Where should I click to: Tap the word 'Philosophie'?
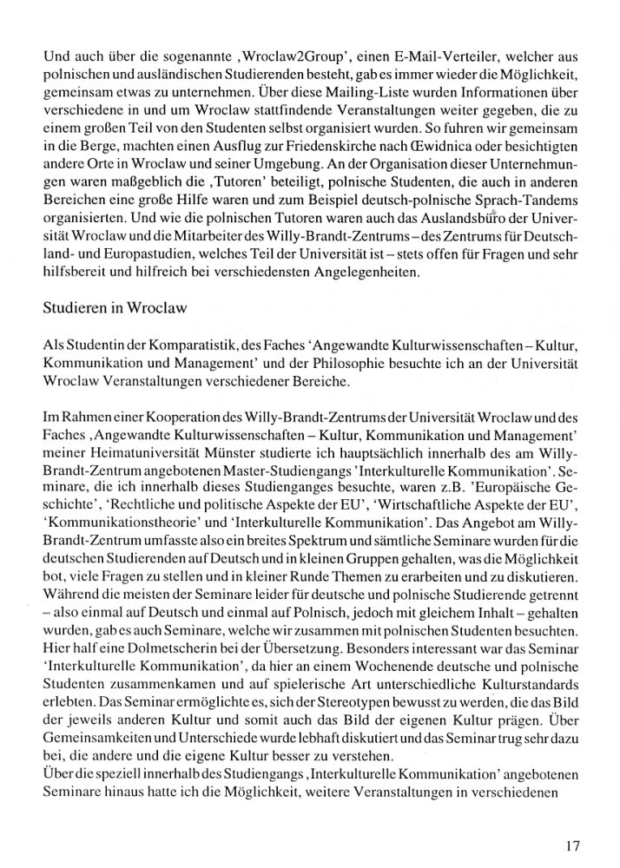[x=359, y=364]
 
